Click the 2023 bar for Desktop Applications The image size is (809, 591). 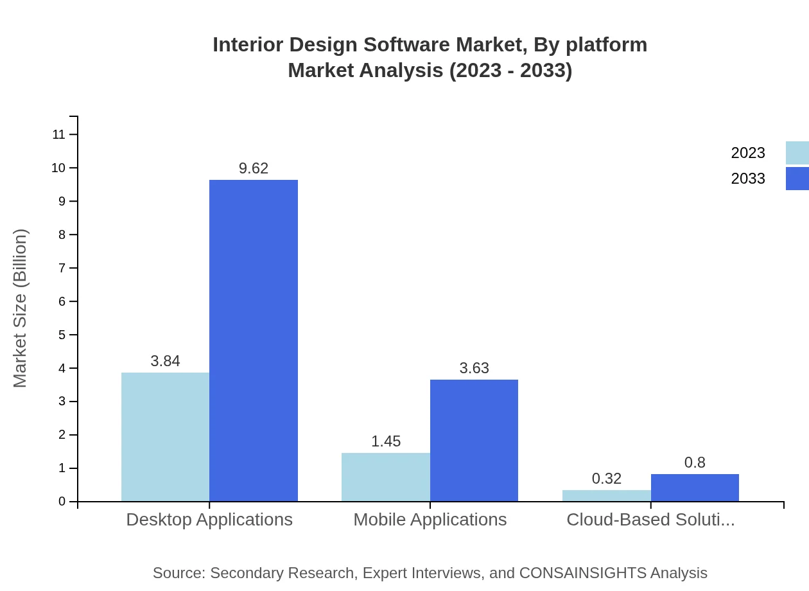(165, 437)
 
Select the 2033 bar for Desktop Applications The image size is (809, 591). (254, 340)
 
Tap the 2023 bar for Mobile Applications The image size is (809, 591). (385, 477)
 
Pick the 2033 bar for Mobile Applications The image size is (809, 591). (474, 440)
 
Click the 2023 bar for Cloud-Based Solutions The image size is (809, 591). (606, 495)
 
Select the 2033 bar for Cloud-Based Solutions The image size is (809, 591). (695, 488)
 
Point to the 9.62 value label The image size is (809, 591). (254, 168)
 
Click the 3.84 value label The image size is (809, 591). (165, 361)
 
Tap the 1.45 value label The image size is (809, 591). (385, 441)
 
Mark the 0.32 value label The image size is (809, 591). (606, 479)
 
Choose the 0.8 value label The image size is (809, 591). (695, 463)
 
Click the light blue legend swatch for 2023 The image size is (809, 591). (797, 153)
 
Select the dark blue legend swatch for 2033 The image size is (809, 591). (797, 179)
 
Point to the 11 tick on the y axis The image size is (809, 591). (59, 134)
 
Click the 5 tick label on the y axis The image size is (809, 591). (62, 335)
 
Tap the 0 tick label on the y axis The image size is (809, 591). (62, 502)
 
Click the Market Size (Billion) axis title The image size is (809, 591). (20, 308)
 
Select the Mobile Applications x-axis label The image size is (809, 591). (430, 520)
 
